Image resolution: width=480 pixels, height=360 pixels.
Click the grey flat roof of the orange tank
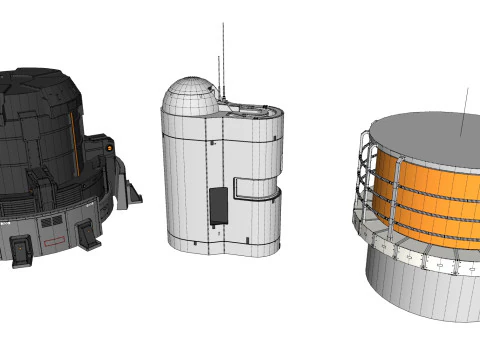430,135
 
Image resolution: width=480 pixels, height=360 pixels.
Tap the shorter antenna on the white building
217,80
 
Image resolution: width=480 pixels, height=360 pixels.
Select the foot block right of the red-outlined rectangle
88,236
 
